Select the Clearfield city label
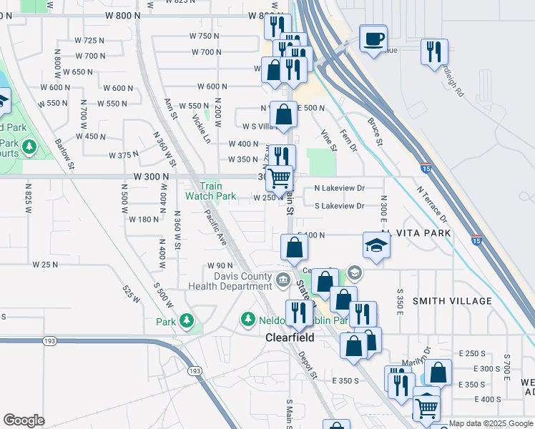(x=290, y=337)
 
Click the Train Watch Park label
(x=210, y=191)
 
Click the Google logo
(x=24, y=420)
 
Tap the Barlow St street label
(x=64, y=154)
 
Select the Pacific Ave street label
(x=215, y=227)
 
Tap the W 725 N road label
(x=89, y=41)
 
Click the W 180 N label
(x=144, y=220)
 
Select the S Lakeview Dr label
(x=340, y=206)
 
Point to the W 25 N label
(x=44, y=265)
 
